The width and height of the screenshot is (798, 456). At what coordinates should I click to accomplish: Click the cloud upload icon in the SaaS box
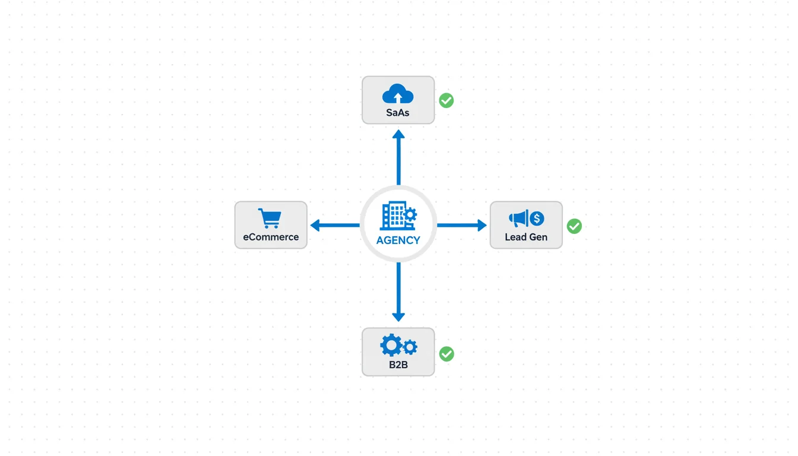pos(398,94)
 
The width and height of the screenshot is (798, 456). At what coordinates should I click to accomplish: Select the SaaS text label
pos(398,113)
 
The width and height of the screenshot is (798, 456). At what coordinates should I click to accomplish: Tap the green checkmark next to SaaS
pos(446,100)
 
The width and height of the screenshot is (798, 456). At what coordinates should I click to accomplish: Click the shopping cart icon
pos(270,218)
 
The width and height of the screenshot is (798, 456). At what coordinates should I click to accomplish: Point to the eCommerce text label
pos(271,237)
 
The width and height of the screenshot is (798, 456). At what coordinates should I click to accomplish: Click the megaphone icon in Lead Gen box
pos(518,218)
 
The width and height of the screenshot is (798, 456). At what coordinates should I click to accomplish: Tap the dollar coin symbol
pos(537,218)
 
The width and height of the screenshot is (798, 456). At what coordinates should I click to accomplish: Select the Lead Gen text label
pos(526,237)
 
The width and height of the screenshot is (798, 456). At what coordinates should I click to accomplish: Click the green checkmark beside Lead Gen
pos(574,226)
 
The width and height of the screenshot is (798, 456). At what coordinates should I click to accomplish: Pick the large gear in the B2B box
pos(391,345)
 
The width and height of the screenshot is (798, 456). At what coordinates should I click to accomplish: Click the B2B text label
pos(398,365)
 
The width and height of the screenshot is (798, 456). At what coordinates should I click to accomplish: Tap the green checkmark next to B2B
pos(446,354)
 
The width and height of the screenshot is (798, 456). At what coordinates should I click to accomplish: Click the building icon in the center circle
pos(393,216)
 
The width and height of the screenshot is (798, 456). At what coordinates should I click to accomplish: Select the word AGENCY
pos(398,240)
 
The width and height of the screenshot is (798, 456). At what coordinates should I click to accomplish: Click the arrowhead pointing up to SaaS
pos(398,135)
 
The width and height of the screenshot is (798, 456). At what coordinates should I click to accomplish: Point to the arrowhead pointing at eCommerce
pos(315,225)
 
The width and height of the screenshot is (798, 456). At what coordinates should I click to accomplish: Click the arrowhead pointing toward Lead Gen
pos(482,225)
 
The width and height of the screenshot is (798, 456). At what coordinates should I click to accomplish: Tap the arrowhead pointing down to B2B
pos(398,316)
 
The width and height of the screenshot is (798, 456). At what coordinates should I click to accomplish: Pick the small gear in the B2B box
pos(410,347)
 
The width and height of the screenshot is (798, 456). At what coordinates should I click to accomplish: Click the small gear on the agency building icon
pos(410,215)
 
